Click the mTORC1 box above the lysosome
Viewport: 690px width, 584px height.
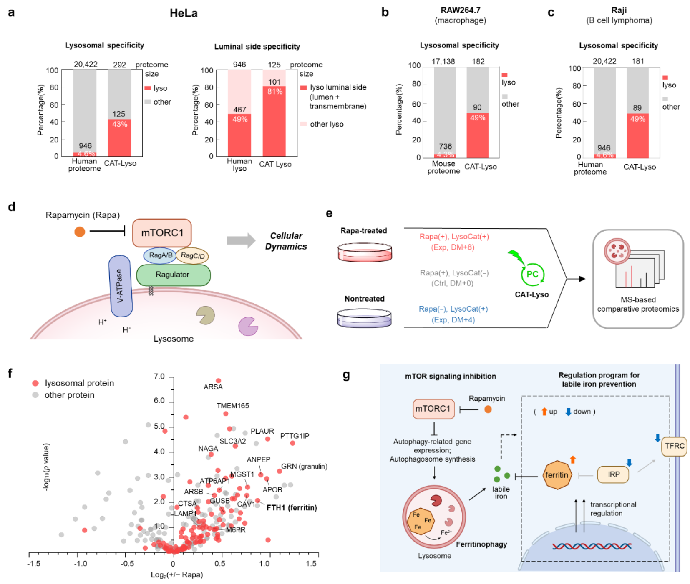162,233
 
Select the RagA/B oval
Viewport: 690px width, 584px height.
160,255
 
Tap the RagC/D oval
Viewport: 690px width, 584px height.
192,256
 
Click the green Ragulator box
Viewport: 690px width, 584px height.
173,275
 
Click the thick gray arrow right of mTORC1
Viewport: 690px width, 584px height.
241,240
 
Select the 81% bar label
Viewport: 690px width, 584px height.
274,92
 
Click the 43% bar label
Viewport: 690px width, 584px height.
119,124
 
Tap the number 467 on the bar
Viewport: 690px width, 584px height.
239,110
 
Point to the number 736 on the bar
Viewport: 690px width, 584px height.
445,146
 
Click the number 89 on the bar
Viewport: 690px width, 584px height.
637,108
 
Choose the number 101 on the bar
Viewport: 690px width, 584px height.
274,82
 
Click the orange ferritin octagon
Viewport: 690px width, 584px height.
557,475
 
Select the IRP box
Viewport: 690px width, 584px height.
613,474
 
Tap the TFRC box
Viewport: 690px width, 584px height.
674,446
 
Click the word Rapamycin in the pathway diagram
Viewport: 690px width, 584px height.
486,399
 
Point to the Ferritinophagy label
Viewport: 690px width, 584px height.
481,544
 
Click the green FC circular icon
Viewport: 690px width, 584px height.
532,274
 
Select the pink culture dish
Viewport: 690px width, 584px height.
365,252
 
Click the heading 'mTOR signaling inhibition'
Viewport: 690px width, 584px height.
450,377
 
